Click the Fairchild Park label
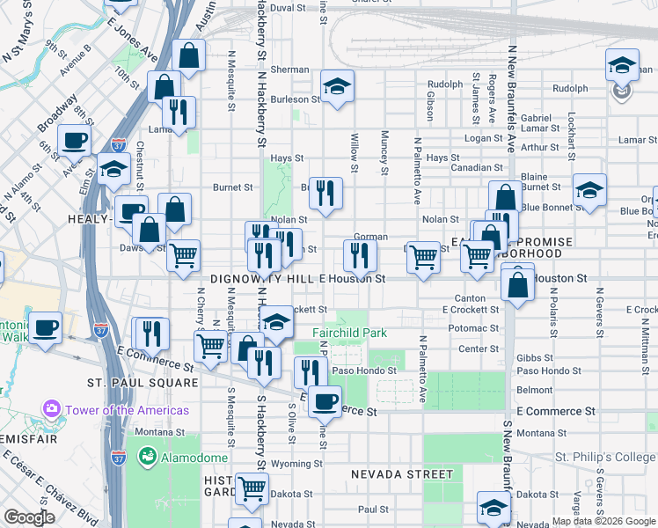(349, 334)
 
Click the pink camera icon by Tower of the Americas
(51, 410)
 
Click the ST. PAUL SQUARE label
(143, 383)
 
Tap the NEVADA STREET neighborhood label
(402, 473)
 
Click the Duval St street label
(288, 7)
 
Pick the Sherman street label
(289, 70)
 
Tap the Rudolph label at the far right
(570, 88)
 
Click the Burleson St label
(294, 99)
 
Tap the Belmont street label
(535, 389)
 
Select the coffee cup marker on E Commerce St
(325, 400)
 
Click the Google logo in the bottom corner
(29, 517)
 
